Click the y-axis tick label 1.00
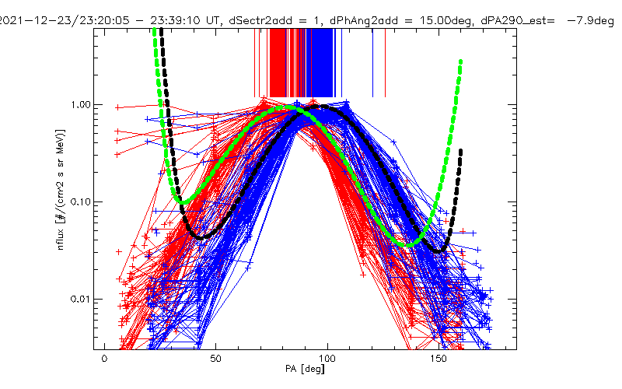coord(81,104)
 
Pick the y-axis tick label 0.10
coord(81,202)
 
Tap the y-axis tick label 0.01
coord(81,300)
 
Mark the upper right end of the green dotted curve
coord(461,61)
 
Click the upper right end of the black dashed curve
coord(461,150)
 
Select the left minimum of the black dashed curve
coord(201,236)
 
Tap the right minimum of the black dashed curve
coord(442,251)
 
